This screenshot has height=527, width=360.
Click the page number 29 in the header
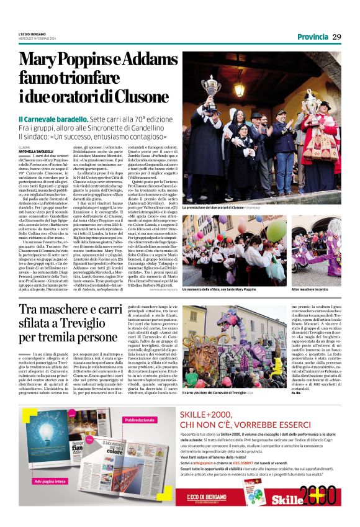(336, 37)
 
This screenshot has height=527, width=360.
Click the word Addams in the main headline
(140, 60)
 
